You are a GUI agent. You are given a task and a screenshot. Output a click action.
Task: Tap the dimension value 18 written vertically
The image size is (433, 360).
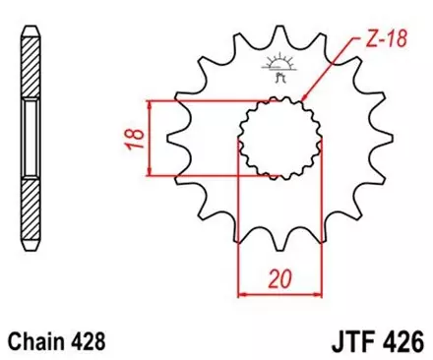click(131, 138)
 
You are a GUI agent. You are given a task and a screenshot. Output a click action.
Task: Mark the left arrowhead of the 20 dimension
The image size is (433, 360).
click(243, 292)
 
